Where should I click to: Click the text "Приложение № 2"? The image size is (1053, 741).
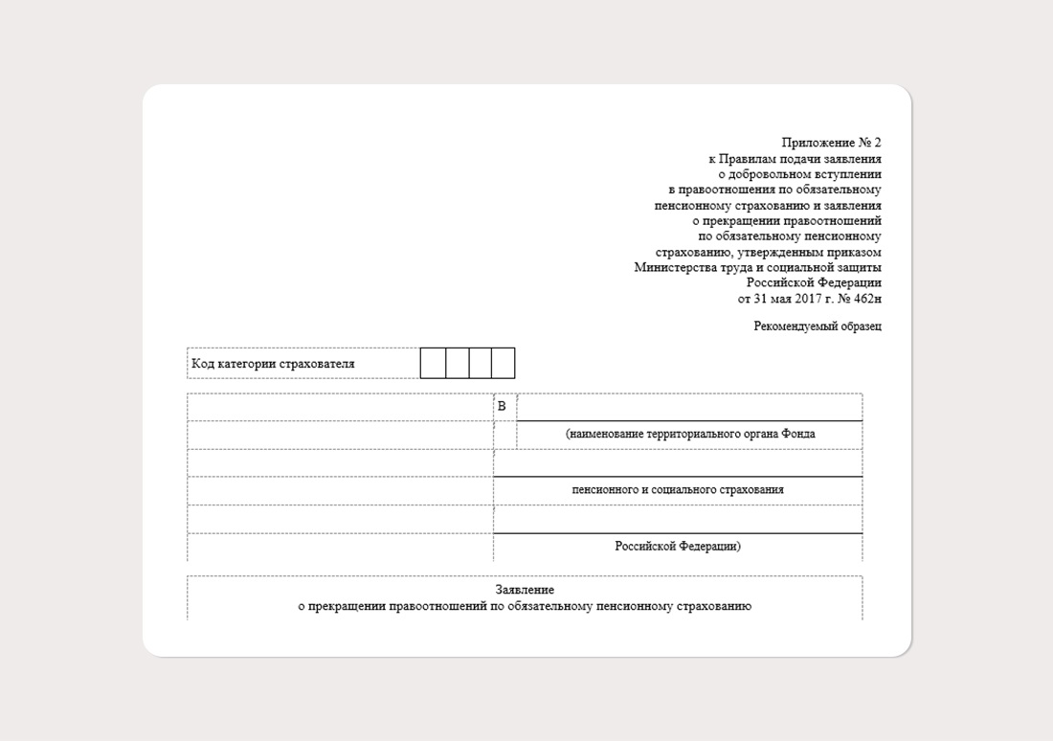831,144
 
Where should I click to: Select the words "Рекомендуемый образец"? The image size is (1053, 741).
818,326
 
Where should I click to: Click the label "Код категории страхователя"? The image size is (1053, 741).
273,364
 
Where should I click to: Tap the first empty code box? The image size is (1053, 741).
432,364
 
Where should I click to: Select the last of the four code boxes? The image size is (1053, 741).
503,364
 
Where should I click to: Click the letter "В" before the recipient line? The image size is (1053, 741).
501,407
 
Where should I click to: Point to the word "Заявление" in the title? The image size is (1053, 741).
525,590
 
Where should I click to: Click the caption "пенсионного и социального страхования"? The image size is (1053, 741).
678,490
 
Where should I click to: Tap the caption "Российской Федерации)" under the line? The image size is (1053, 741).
678,547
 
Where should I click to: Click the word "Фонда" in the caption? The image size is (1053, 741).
799,435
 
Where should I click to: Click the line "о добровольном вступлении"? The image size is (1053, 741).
799,174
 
